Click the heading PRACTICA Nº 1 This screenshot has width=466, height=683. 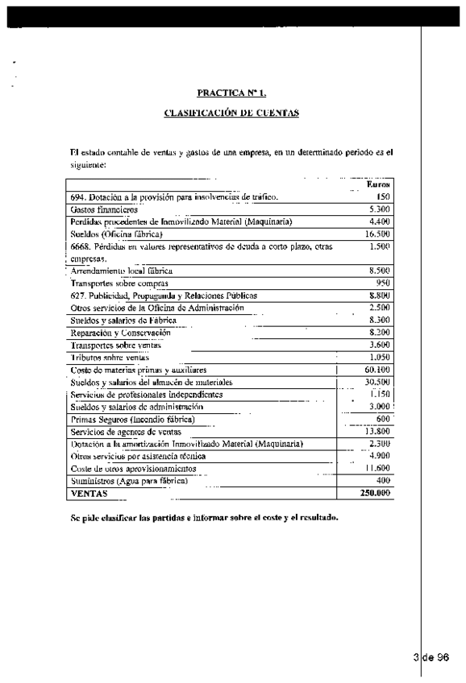(232, 93)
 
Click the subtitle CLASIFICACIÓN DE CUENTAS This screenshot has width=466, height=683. (232, 113)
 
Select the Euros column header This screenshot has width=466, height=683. (378, 184)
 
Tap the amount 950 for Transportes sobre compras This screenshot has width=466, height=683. (383, 284)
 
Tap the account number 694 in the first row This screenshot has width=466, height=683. (77, 197)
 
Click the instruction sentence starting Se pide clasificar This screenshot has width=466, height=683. (203, 517)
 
